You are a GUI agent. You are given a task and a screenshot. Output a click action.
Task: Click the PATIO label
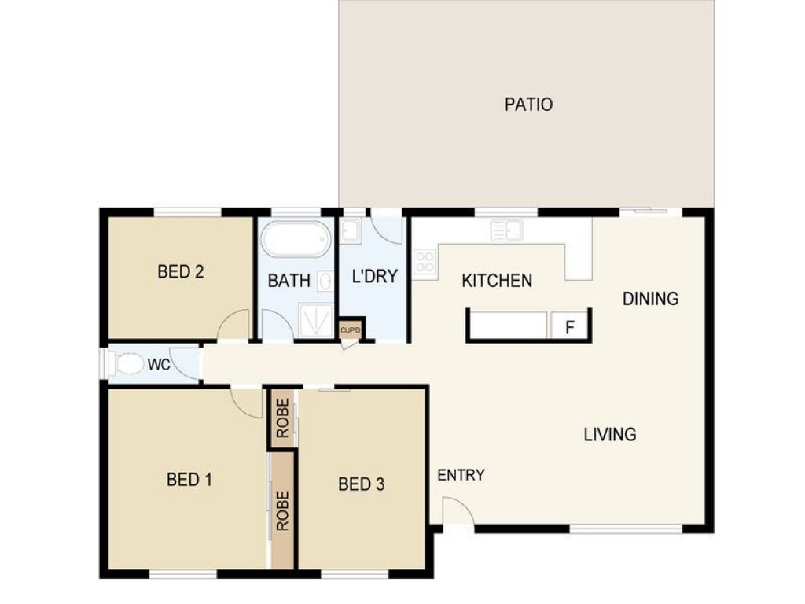pyautogui.click(x=528, y=105)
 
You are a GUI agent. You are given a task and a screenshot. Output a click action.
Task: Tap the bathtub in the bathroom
pyautogui.click(x=296, y=239)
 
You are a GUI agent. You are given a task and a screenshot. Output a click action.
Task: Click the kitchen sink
pyautogui.click(x=507, y=230)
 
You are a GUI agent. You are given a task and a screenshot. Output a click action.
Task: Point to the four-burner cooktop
pyautogui.click(x=425, y=261)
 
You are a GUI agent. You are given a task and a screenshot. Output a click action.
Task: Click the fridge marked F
pyautogui.click(x=569, y=326)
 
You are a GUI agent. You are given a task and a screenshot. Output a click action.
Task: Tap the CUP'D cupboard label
pyautogui.click(x=351, y=330)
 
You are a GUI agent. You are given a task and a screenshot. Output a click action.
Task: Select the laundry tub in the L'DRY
pyautogui.click(x=351, y=230)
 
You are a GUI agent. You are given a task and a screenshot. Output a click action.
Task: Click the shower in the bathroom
pyautogui.click(x=315, y=320)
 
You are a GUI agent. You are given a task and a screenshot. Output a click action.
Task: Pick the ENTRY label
pyautogui.click(x=461, y=475)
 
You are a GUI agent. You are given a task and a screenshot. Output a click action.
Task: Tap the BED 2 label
pyautogui.click(x=180, y=271)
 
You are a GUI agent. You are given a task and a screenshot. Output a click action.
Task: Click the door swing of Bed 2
pyautogui.click(x=234, y=325)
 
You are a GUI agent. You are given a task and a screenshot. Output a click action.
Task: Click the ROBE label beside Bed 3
pyautogui.click(x=283, y=418)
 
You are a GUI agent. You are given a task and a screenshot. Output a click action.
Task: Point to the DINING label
pyautogui.click(x=650, y=298)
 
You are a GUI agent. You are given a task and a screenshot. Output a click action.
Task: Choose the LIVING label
pyautogui.click(x=610, y=434)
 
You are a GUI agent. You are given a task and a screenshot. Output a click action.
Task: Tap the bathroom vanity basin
pyautogui.click(x=325, y=281)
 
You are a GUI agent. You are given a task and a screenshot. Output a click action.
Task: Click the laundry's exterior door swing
pyautogui.click(x=386, y=230)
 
